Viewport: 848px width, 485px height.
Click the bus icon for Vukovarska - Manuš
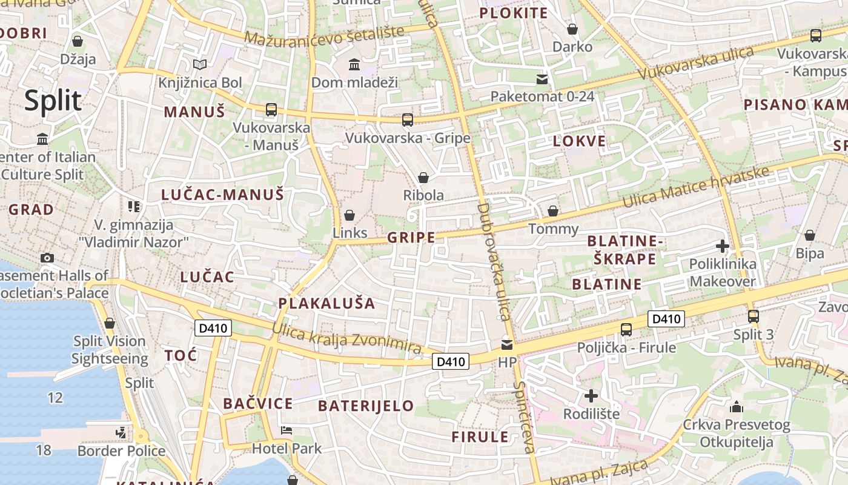pyautogui.click(x=271, y=110)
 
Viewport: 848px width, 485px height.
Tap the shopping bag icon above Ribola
pyautogui.click(x=423, y=178)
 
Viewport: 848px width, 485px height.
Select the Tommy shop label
pyautogui.click(x=554, y=229)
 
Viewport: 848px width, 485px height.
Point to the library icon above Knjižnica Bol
pyautogui.click(x=200, y=64)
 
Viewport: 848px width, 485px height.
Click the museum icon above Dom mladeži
pyautogui.click(x=354, y=64)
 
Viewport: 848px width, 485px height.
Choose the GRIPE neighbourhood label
pyautogui.click(x=411, y=237)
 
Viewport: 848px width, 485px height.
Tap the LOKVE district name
pyautogui.click(x=579, y=141)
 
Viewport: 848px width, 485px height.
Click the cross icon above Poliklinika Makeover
pyautogui.click(x=722, y=246)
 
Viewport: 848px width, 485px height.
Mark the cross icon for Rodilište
pyautogui.click(x=591, y=396)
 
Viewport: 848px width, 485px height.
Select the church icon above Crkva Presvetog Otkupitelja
pyautogui.click(x=737, y=407)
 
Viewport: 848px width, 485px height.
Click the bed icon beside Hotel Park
pyautogui.click(x=287, y=431)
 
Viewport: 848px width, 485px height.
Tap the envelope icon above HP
pyautogui.click(x=506, y=346)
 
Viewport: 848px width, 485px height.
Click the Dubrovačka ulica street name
pyautogui.click(x=494, y=261)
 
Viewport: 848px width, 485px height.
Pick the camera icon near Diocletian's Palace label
pyautogui.click(x=47, y=258)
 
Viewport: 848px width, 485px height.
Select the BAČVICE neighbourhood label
pyautogui.click(x=257, y=404)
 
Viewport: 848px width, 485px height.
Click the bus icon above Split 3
pyautogui.click(x=754, y=316)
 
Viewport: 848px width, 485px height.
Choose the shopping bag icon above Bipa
pyautogui.click(x=810, y=235)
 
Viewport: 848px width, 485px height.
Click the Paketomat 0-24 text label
pyautogui.click(x=542, y=96)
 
